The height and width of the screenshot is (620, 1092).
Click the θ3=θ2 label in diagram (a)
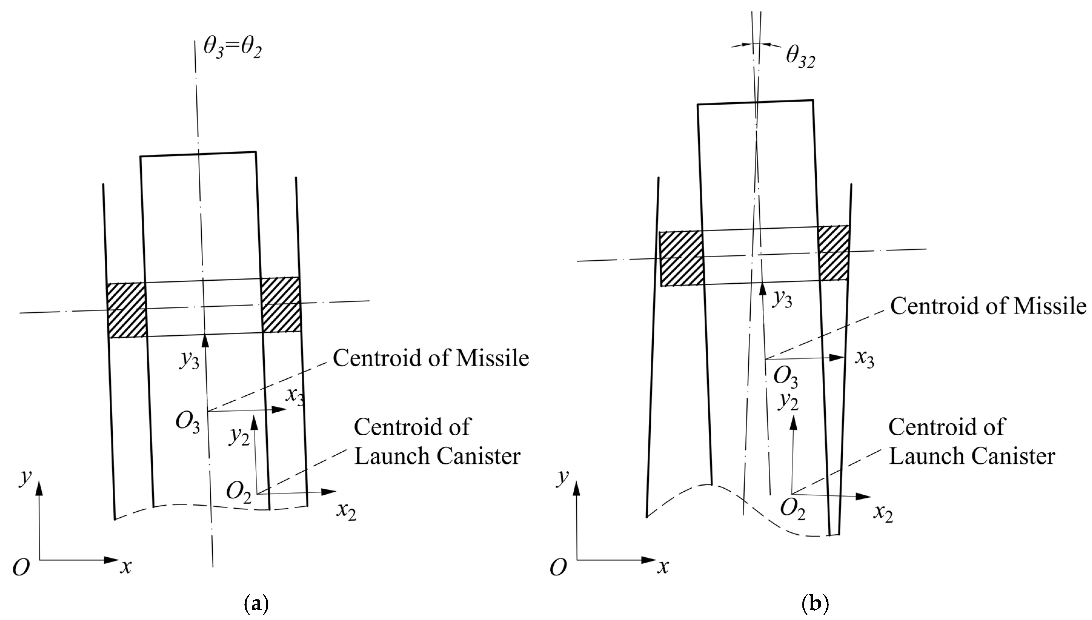click(x=232, y=48)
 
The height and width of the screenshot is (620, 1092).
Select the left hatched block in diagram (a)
click(x=126, y=310)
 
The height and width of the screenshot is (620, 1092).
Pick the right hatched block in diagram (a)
click(x=281, y=305)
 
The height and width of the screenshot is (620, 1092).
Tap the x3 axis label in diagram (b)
click(x=864, y=359)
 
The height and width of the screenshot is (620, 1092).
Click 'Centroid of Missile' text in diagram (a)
click(x=431, y=358)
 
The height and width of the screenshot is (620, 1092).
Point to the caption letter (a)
click(x=257, y=604)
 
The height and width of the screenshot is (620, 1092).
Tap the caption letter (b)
click(x=815, y=604)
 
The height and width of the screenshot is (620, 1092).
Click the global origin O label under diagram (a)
click(x=21, y=568)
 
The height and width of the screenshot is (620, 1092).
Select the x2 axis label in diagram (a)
click(x=346, y=511)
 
